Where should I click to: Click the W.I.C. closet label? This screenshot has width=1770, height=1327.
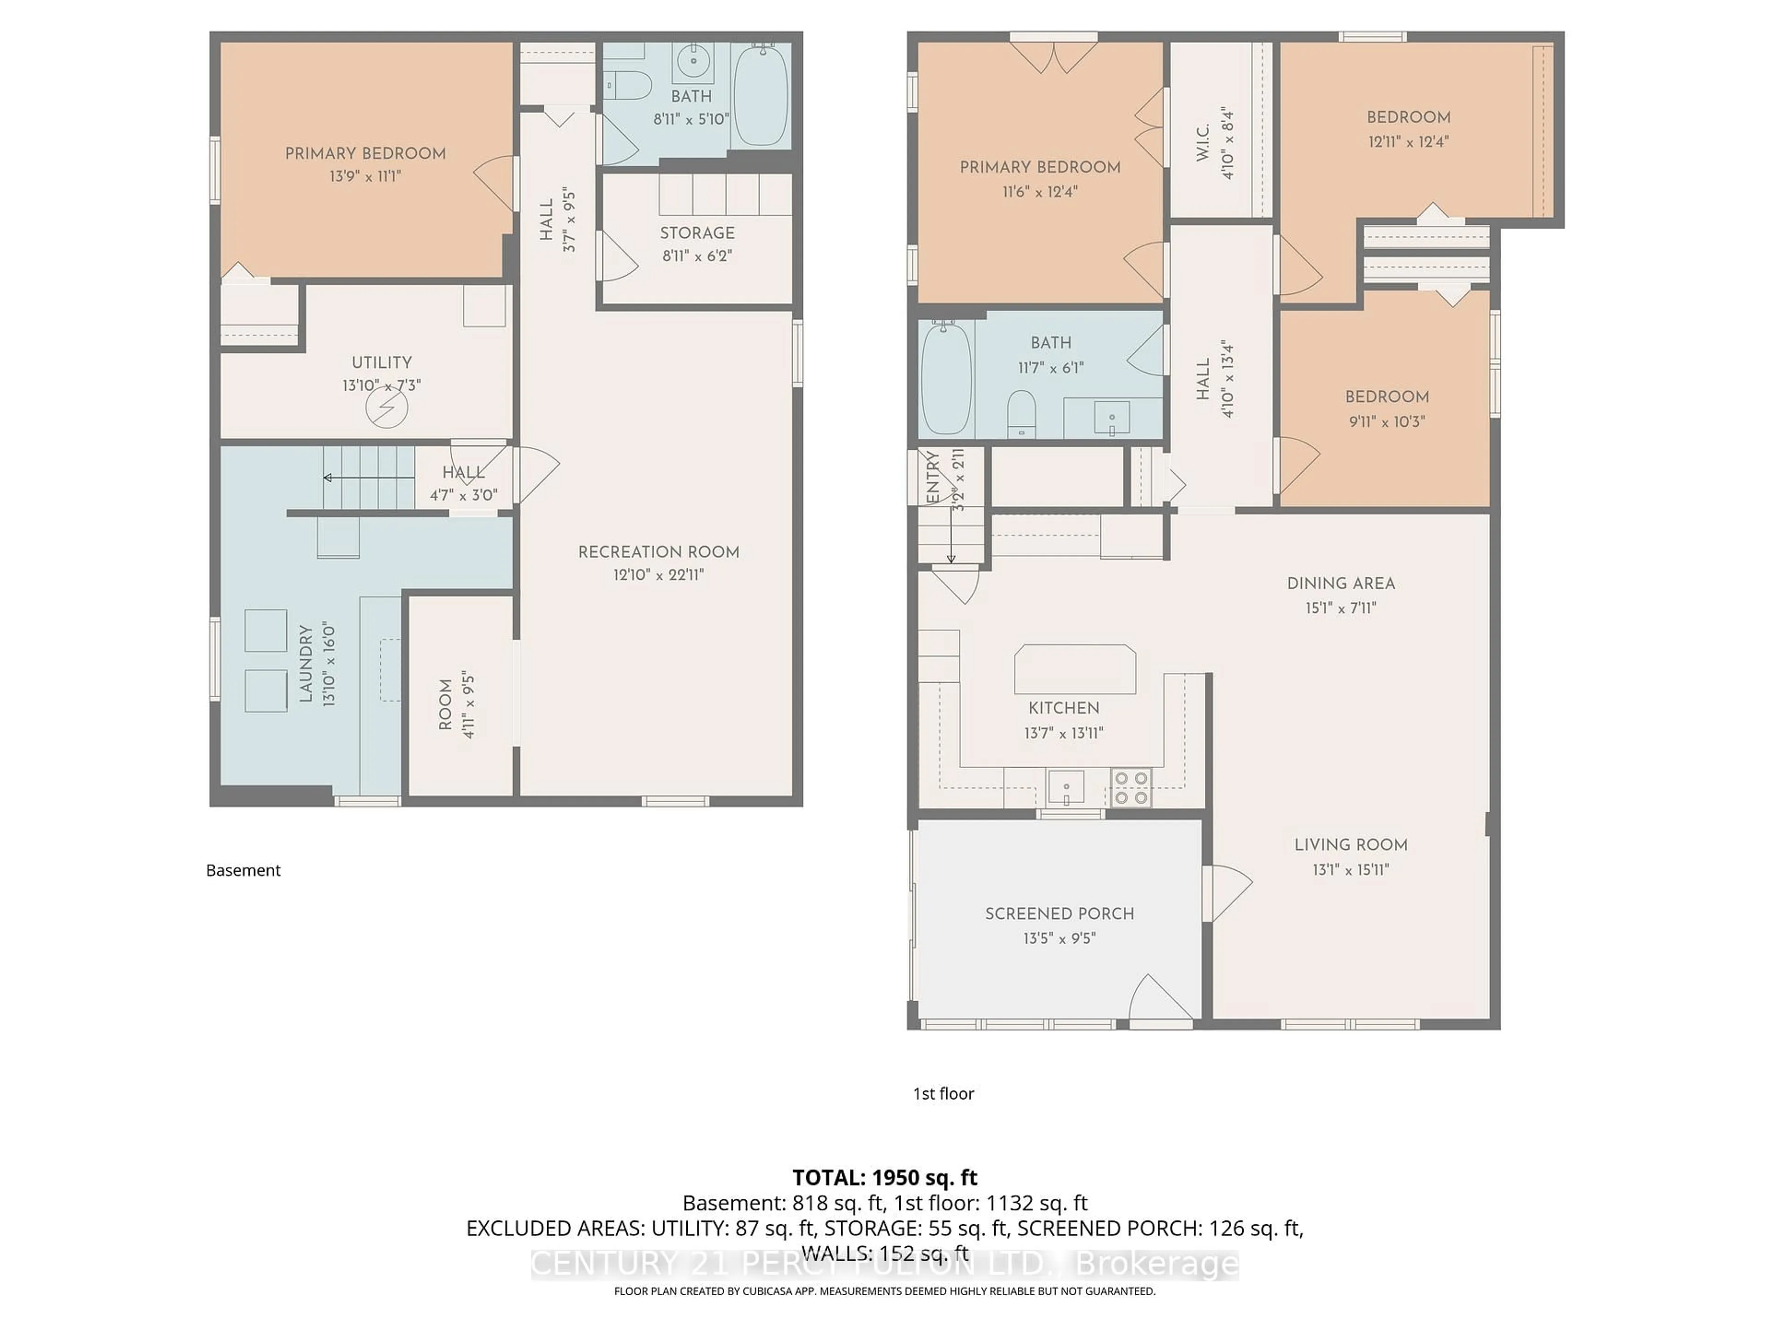pos(1203,143)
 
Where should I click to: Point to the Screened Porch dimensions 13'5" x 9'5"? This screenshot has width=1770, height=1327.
pos(1059,938)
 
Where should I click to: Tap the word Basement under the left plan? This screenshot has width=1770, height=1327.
pos(243,870)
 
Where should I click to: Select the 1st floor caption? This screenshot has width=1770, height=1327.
pos(944,1093)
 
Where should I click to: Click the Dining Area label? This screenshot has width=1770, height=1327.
pos(1340,584)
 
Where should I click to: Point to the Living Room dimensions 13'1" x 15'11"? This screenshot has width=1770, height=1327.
pos(1350,869)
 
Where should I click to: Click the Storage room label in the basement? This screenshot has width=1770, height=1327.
pos(697,233)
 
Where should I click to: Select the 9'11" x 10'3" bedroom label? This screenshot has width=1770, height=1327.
pos(1386,422)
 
